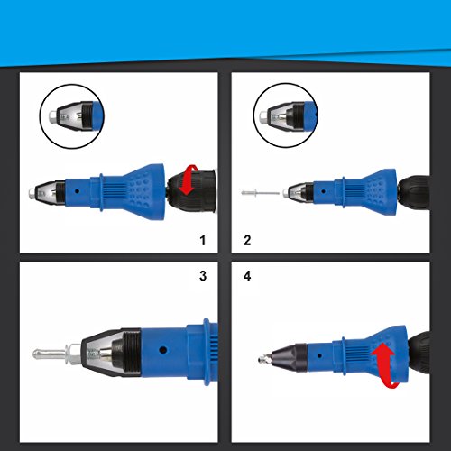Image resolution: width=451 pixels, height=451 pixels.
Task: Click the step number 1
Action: pos(203,240)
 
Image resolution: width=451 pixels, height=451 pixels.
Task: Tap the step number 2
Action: pos(247,240)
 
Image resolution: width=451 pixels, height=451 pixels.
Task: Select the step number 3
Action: pos(203,276)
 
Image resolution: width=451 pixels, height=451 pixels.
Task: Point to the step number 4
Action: pos(247,276)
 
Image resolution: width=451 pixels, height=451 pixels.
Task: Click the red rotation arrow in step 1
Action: pos(189,180)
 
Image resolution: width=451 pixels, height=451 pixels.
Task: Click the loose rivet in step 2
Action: pos(261,193)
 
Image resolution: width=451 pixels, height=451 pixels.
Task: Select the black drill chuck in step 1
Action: pos(192,191)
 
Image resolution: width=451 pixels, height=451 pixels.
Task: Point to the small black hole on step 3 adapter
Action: pos(163,350)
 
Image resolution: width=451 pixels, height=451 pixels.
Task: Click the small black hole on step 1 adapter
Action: pos(78,191)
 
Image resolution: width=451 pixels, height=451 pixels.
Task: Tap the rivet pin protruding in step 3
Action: pos(50,354)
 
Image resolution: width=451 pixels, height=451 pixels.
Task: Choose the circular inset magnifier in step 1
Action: pos(72,116)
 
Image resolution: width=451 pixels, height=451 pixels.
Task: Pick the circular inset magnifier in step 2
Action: pos(286,115)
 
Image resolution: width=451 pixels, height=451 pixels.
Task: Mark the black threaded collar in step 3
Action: pos(130,353)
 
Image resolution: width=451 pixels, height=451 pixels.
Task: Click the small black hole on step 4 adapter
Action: pos(319,356)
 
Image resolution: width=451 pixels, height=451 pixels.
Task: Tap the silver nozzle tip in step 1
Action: pos(32,192)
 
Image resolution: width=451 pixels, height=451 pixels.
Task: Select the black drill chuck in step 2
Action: pos(414,196)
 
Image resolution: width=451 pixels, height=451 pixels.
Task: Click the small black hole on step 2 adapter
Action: pos(323,191)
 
